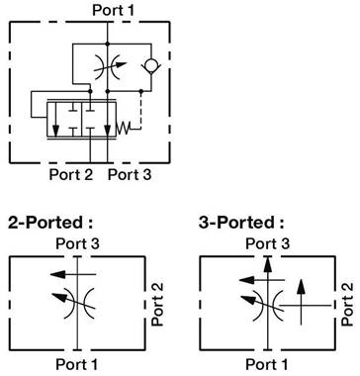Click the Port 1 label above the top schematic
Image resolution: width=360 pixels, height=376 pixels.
pos(114,10)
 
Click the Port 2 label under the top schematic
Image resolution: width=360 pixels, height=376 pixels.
pos(71,174)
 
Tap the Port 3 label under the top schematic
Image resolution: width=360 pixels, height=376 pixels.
pos(130,174)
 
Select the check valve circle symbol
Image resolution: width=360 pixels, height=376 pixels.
pos(151,65)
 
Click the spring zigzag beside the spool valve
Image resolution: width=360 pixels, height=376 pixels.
pos(124,128)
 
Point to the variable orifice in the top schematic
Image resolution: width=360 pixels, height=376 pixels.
pos(108,67)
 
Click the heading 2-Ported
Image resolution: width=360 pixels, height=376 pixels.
pos(50,223)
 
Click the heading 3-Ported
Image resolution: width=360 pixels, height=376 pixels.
pos(241,223)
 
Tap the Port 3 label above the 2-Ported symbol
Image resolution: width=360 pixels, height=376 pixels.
pos(77,243)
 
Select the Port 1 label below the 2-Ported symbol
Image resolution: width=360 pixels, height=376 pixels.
pos(77,364)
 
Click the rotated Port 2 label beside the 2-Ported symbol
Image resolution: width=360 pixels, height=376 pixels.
pos(157,305)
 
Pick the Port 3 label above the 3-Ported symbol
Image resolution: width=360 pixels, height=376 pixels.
pos(267,243)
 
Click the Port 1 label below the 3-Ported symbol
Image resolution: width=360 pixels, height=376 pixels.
pos(267,364)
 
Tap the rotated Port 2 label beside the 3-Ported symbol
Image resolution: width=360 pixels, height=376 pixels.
pos(347,305)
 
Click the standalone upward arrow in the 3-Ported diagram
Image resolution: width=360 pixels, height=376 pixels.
pos(301,302)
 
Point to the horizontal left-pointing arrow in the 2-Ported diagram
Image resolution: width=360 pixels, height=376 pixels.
pos(73,274)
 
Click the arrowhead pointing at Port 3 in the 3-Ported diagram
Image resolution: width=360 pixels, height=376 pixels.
pos(268,264)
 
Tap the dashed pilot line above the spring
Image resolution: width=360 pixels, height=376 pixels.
pos(141,109)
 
